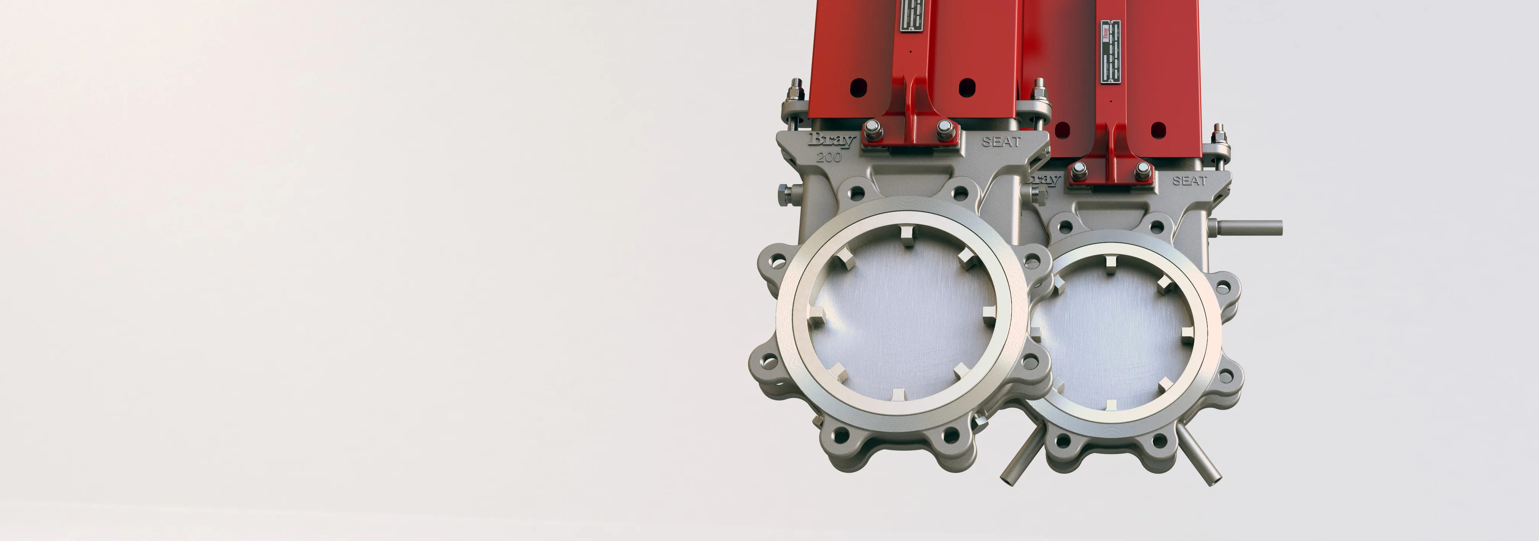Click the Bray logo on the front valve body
click(x=831, y=141)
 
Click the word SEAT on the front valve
click(x=1001, y=142)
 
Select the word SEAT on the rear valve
click(x=1189, y=181)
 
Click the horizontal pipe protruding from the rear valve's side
click(x=1249, y=228)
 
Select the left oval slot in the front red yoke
click(x=858, y=87)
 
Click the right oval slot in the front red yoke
click(x=966, y=87)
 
